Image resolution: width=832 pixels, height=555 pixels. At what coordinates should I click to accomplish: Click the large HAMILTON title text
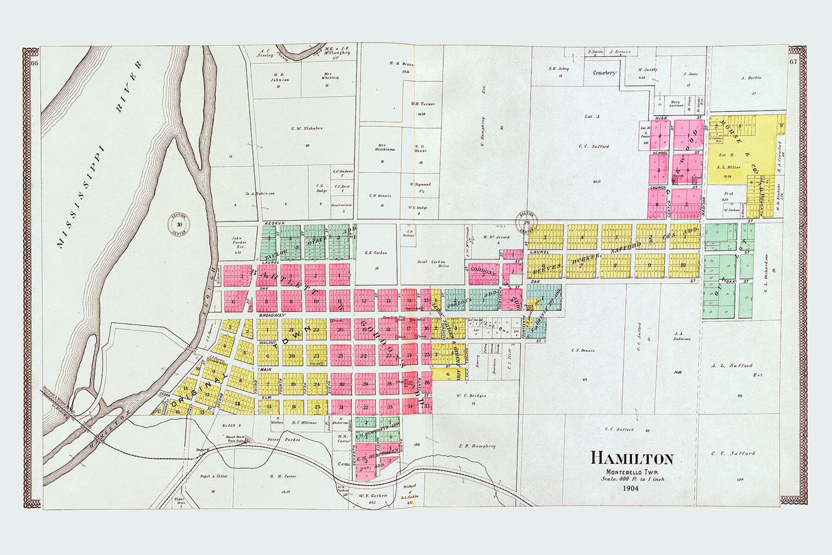pos(632,459)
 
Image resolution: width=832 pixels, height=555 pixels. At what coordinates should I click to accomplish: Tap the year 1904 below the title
pos(632,488)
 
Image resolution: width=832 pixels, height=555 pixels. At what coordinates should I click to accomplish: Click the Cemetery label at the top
pos(605,73)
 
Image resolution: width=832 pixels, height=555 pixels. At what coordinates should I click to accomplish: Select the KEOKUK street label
pos(269,223)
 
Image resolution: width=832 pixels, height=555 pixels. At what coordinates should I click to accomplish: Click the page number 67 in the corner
pos(794,62)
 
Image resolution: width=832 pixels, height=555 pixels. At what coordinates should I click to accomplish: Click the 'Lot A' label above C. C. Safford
pos(593,117)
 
